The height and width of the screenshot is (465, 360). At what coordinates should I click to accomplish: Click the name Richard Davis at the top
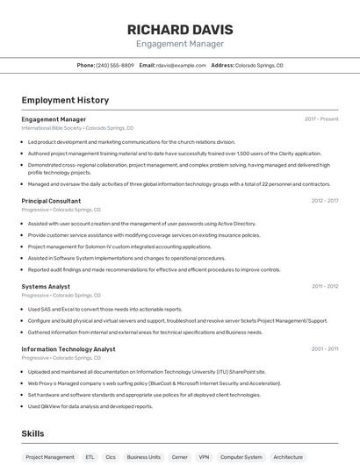179,29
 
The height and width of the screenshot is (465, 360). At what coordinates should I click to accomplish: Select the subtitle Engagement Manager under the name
179,44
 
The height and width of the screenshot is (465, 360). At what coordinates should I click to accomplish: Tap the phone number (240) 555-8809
115,65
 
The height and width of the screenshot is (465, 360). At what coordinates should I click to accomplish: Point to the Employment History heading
65,100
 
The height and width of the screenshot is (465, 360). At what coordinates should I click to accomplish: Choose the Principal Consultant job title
51,201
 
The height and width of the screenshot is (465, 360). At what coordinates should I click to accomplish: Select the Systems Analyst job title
46,286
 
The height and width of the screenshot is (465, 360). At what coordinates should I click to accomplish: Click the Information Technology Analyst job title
68,349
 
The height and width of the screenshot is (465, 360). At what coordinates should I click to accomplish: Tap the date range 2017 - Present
321,119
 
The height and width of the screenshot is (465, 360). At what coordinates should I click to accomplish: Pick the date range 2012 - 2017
325,201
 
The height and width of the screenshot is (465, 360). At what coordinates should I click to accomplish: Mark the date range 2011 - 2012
325,286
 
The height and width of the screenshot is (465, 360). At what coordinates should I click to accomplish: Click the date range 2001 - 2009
325,349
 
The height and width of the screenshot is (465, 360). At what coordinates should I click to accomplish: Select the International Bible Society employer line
77,128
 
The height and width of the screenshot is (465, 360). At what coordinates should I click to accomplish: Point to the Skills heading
32,433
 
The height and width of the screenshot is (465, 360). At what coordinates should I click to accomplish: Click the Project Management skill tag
50,457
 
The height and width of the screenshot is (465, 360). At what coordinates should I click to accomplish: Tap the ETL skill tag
90,457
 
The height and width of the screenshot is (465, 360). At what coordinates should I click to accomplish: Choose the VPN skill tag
204,457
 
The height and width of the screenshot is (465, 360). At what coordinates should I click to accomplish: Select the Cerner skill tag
179,457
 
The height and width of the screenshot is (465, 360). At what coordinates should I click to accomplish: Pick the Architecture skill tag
288,457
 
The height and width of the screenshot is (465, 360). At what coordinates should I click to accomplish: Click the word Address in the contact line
222,65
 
